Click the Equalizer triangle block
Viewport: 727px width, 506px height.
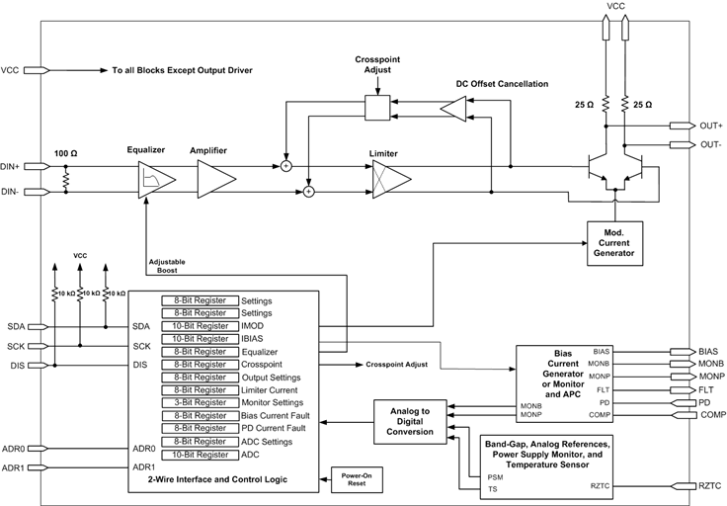[155, 179]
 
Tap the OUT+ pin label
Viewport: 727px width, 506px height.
[711, 126]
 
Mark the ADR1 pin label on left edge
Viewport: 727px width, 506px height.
[14, 467]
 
